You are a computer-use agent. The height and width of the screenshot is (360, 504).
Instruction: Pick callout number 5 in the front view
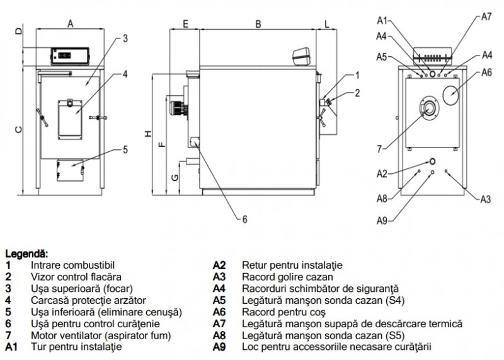[125, 149]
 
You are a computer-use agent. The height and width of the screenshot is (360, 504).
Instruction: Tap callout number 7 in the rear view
[380, 149]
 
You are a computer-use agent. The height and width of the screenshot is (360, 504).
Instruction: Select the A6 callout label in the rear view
[486, 73]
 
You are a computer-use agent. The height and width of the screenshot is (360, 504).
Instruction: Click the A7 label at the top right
[486, 17]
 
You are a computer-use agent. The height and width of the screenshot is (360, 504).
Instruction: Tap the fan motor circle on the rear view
[428, 108]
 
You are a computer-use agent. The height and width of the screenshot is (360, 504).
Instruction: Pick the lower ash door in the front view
[70, 170]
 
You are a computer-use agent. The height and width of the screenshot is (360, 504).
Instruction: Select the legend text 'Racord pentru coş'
[281, 312]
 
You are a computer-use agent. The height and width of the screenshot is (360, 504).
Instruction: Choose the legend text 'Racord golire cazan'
[284, 276]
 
